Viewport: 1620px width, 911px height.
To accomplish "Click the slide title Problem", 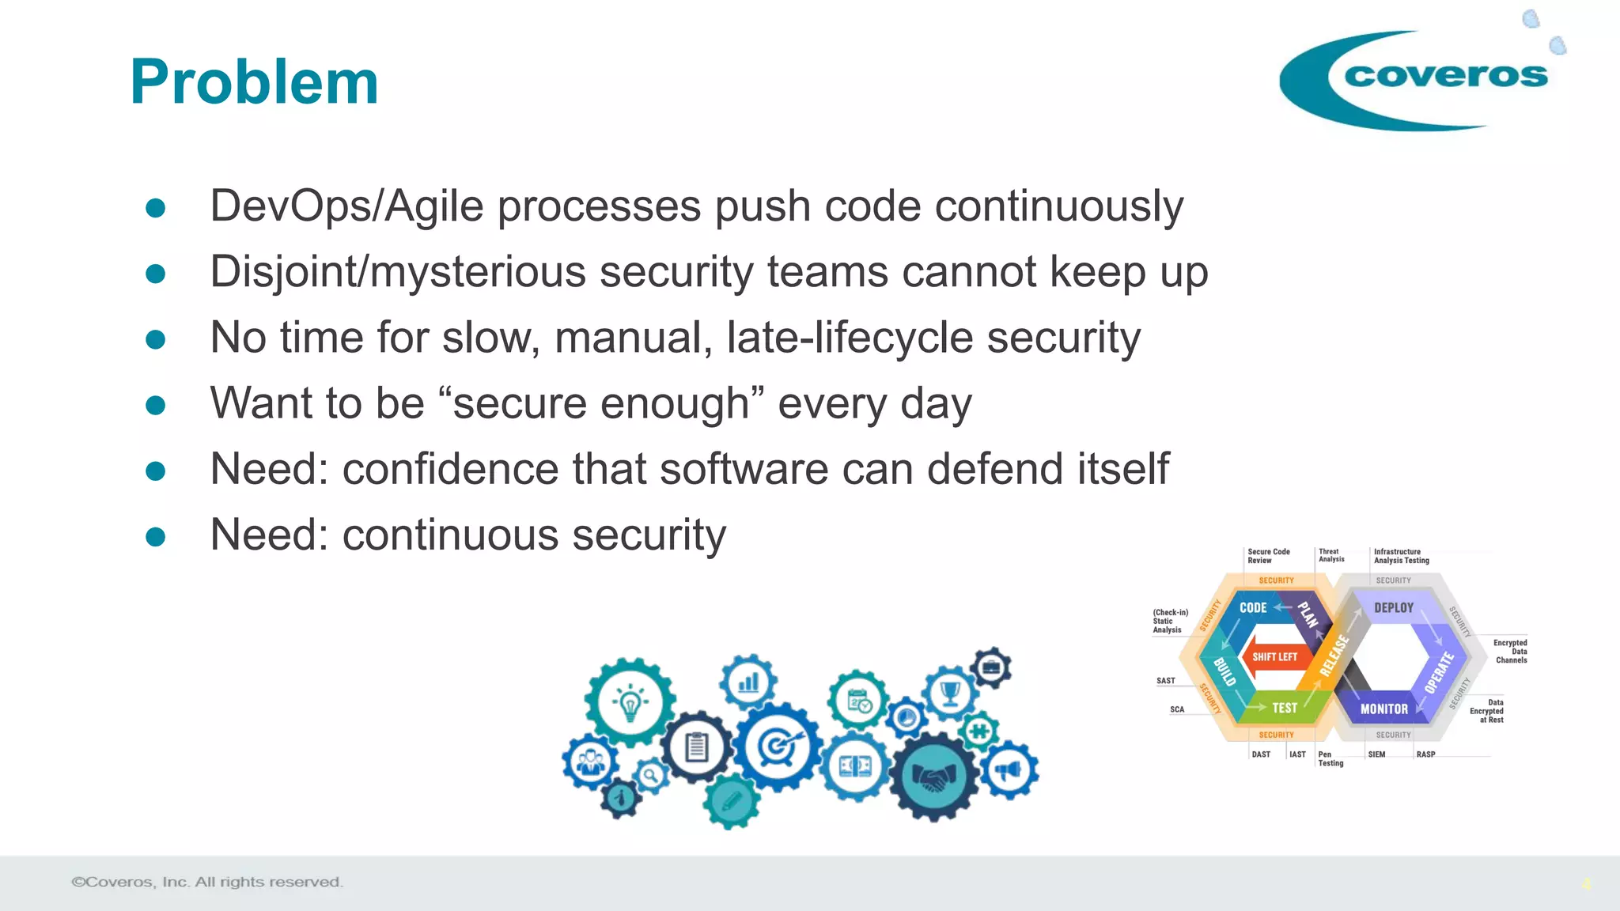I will point(254,82).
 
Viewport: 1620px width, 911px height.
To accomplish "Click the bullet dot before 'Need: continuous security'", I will point(156,537).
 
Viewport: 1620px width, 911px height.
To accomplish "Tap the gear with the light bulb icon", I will point(630,702).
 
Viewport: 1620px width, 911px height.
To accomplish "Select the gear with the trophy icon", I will point(949,693).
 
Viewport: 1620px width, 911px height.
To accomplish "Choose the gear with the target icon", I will point(778,747).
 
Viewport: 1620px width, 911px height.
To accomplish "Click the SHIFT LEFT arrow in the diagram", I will point(1274,656).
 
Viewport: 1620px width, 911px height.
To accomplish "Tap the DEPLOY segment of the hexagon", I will point(1393,607).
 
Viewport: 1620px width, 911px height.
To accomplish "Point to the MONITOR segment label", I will point(1383,709).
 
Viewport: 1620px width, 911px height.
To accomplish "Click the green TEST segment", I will point(1284,708).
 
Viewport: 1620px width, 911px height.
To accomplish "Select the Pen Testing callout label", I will point(1330,759).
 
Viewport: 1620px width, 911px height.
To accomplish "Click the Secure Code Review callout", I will point(1268,556).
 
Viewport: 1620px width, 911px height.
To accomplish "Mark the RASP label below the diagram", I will point(1425,754).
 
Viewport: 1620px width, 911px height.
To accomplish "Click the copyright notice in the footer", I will point(207,882).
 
